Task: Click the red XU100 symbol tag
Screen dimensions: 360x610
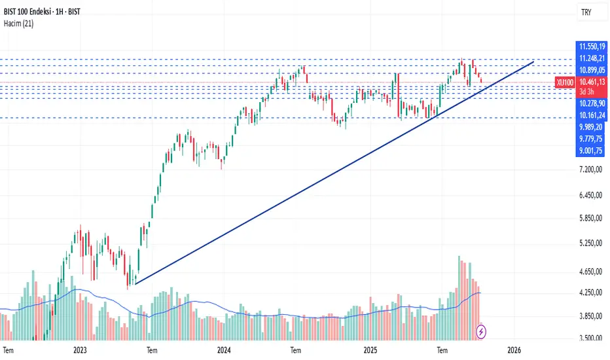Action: click(565, 82)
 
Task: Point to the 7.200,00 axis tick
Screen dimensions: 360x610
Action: click(590, 170)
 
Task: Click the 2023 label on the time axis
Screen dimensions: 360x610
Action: click(80, 350)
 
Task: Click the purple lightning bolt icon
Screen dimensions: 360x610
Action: click(482, 331)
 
